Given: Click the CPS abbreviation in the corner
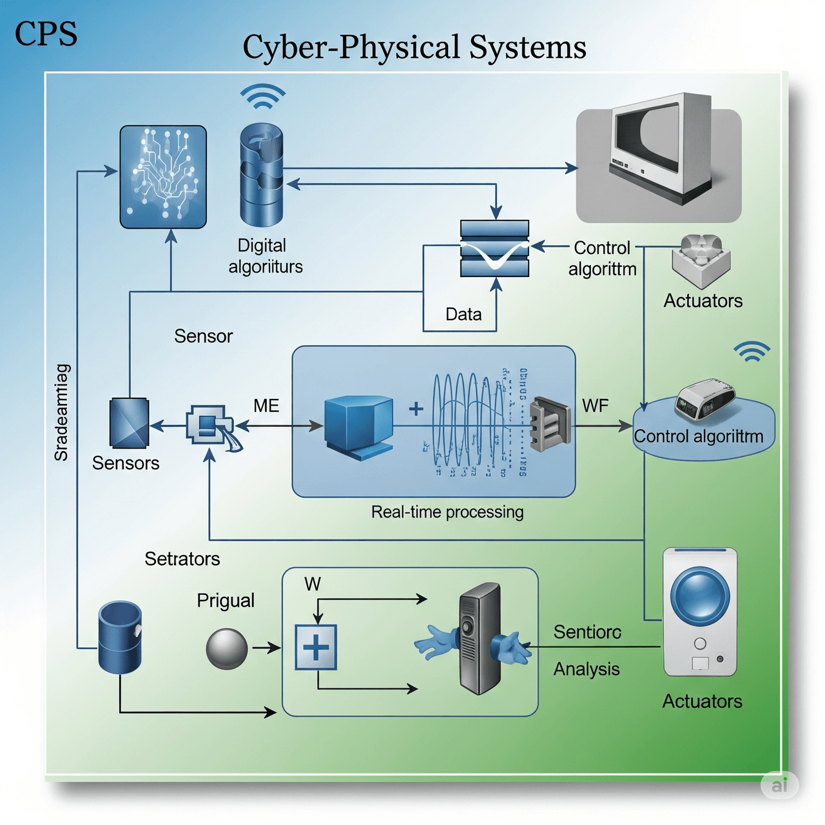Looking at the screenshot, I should point(46,34).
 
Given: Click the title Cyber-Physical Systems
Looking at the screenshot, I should point(414,47).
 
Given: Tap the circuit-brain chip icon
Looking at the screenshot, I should point(163,177).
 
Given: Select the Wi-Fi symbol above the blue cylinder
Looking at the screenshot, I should point(262,96).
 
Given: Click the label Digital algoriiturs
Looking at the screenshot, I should point(265,256).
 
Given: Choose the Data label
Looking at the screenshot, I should point(463,315).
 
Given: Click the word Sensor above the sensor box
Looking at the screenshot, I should point(203,336).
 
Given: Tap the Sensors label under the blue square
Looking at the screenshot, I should point(126,463).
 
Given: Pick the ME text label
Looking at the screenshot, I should point(266,406).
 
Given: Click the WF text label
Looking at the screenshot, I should point(595,406).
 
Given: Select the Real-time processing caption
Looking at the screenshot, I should point(447,512).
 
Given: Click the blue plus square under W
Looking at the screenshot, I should point(316,647).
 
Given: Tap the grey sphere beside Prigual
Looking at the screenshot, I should point(227,649).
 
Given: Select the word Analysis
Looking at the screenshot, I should point(587,670).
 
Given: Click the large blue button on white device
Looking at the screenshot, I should point(700,594).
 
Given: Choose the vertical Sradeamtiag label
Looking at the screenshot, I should point(62,412).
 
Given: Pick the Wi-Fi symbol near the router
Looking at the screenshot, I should point(752,352).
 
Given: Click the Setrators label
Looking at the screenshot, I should point(182,559).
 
